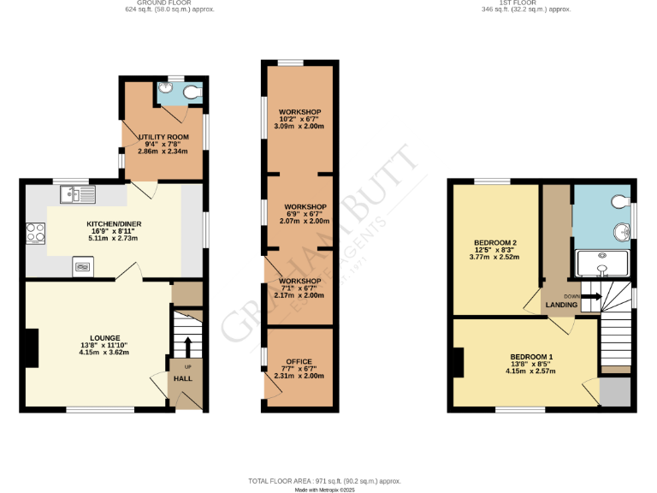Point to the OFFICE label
[x=299, y=361]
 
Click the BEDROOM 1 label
[x=531, y=356]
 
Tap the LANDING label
[x=562, y=305]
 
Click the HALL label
[x=183, y=377]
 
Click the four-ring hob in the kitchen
[x=37, y=232]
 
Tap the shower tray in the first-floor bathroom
[x=602, y=265]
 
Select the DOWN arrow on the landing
[x=592, y=296]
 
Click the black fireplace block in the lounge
[x=32, y=349]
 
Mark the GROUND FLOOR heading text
[x=169, y=3]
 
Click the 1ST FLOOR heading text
[x=526, y=3]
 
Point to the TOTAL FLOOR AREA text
[x=324, y=482]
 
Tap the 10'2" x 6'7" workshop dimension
[x=299, y=119]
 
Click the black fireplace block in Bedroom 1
[x=459, y=362]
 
